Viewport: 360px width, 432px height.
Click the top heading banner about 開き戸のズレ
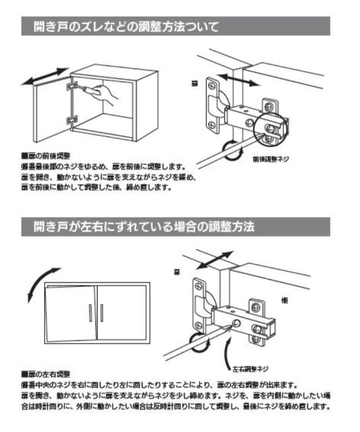pos(175,26)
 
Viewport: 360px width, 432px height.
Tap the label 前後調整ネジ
pos(271,159)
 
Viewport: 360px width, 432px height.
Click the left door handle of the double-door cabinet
pos(90,313)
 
